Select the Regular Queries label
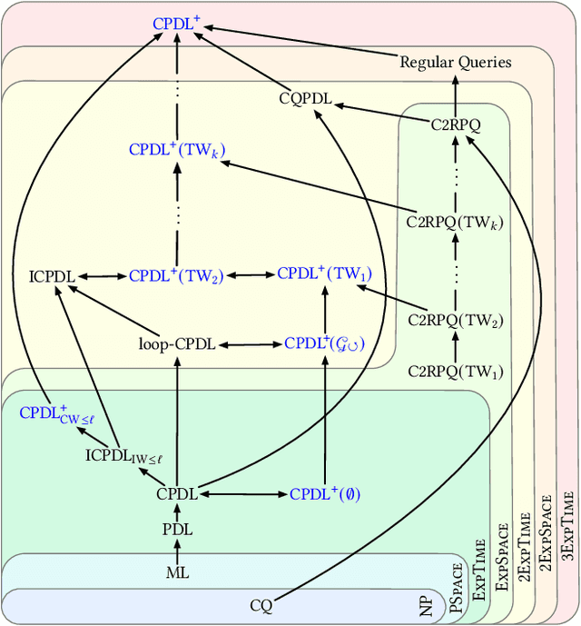[456, 63]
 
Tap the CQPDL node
[306, 97]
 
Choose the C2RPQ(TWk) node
[455, 220]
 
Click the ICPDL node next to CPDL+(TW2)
[53, 274]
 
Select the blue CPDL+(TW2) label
[176, 274]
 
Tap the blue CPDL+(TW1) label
[324, 273]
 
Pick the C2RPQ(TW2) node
[455, 320]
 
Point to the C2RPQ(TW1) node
[455, 371]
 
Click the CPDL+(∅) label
[324, 494]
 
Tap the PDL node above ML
[177, 530]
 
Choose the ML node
[177, 572]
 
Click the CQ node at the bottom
[261, 605]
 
